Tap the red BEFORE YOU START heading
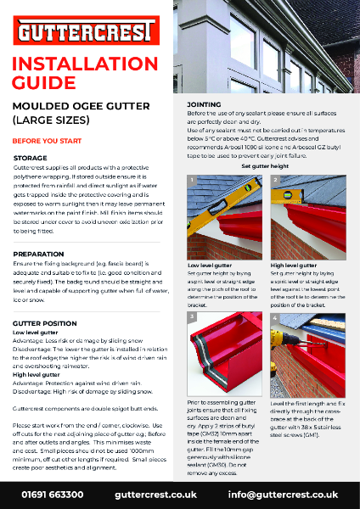click(x=48, y=140)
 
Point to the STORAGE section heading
click(x=31, y=159)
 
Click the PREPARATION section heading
click(x=39, y=254)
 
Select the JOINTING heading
click(x=203, y=103)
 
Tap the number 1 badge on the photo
click(x=193, y=181)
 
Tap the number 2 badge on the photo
click(x=276, y=181)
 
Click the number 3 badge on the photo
click(x=193, y=317)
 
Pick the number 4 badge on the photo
click(x=276, y=317)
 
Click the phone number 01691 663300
click(x=53, y=494)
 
